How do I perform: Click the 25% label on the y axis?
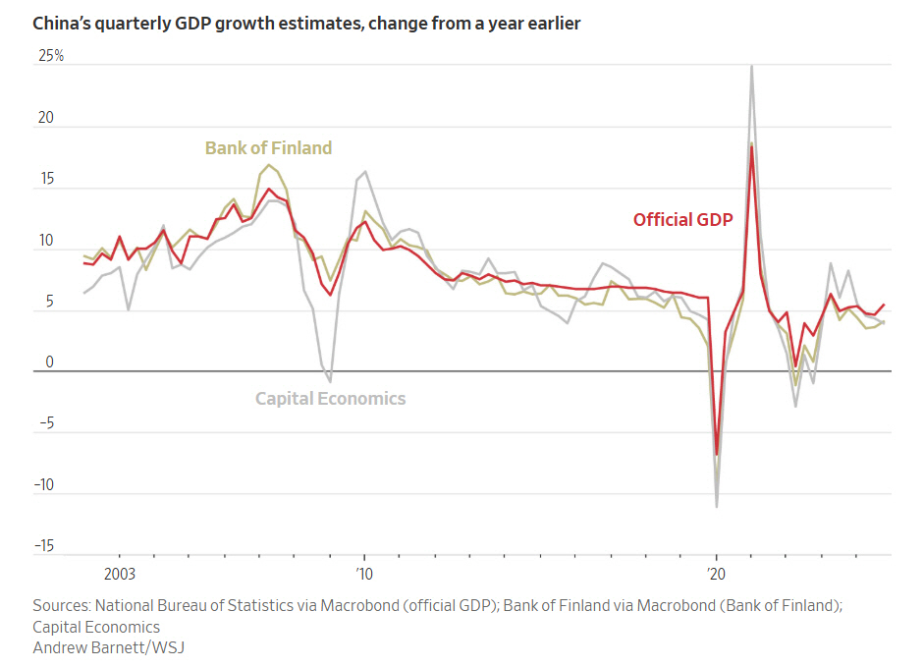tap(51, 56)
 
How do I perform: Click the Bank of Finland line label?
tap(268, 148)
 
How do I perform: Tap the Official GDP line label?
tap(682, 220)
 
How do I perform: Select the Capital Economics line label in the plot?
tap(330, 399)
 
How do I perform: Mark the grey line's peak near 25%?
tap(751, 66)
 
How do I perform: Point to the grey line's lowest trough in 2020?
tap(717, 507)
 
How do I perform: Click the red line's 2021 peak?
tap(751, 146)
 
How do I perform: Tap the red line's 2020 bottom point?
tap(717, 455)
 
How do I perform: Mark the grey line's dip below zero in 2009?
tap(330, 381)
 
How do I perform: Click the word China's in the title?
tap(65, 23)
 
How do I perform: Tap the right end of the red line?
tap(884, 305)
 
